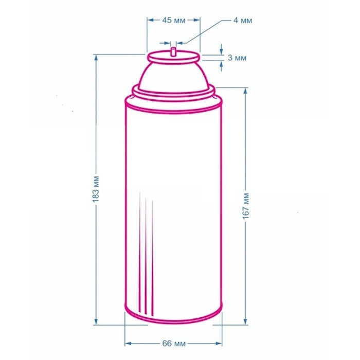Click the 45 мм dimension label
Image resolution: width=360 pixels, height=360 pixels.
coord(174,21)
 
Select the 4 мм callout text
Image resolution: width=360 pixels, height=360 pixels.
coord(243,21)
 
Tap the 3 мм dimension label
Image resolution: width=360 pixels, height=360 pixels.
coord(237,58)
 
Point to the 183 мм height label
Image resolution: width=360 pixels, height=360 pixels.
coord(96,189)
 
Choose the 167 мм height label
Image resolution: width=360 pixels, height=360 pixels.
coord(246,206)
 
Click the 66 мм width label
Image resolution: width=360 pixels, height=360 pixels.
coord(174,344)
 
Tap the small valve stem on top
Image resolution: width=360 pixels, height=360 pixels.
coord(174,51)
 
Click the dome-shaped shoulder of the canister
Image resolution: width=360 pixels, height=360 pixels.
coord(174,77)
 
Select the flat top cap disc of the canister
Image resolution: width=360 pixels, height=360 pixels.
coord(173,57)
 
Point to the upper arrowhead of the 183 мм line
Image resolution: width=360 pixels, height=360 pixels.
coord(96,58)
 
